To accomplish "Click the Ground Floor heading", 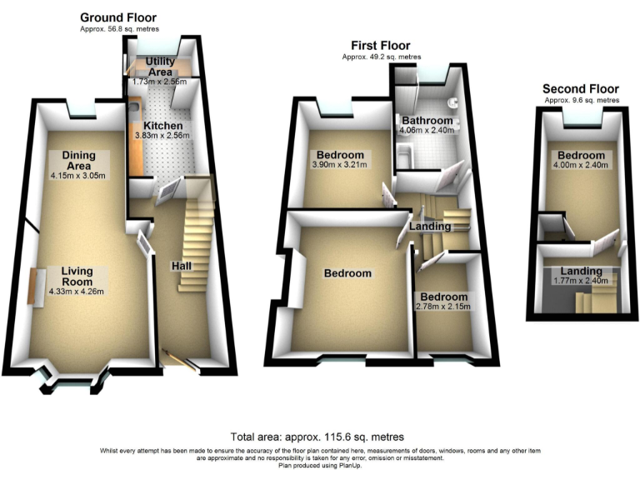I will [x=117, y=17].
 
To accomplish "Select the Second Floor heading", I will [x=581, y=88].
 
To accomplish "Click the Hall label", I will [x=182, y=265].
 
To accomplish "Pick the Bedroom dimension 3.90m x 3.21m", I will [x=338, y=164].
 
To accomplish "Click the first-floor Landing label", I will [x=425, y=223].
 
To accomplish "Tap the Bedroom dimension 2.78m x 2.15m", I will [x=444, y=307].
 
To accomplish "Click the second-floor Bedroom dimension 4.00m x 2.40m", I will [x=580, y=165].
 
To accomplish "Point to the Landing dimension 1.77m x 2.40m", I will [x=581, y=281].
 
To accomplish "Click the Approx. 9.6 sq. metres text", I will [x=582, y=100].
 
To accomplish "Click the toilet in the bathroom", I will [x=452, y=103].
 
